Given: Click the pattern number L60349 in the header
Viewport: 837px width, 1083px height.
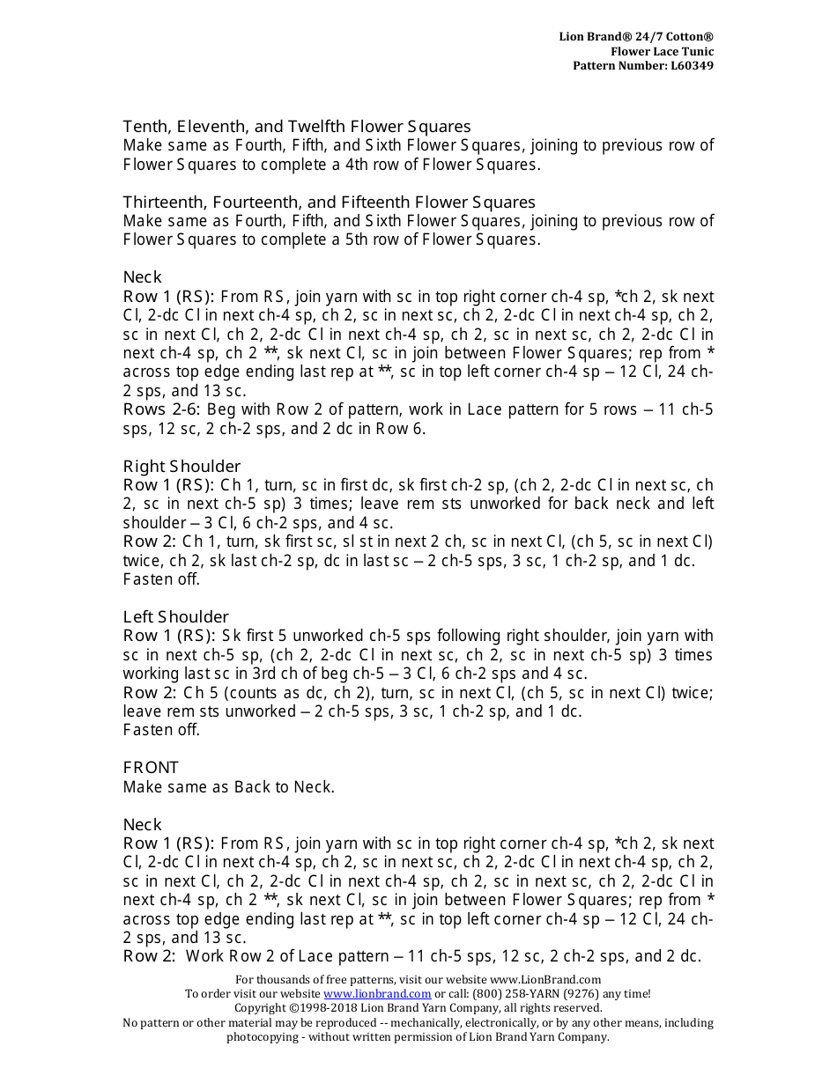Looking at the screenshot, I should coord(693,66).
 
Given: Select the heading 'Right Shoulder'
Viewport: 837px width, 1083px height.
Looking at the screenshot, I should coord(181,466).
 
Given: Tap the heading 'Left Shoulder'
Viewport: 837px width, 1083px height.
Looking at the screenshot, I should coord(175,616).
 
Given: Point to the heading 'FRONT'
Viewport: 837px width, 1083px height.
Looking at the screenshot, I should coord(151,768).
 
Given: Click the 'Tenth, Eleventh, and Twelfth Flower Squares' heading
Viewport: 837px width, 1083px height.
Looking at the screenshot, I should coord(297,127).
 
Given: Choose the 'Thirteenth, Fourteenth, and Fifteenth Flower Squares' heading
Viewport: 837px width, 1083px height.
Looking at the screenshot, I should coord(329,203).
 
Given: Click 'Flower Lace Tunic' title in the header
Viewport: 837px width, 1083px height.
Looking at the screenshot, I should coord(663,51).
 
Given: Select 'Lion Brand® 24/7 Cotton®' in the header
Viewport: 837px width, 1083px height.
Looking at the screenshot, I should coord(636,36).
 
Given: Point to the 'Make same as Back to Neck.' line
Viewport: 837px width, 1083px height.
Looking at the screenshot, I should coord(228,787).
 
